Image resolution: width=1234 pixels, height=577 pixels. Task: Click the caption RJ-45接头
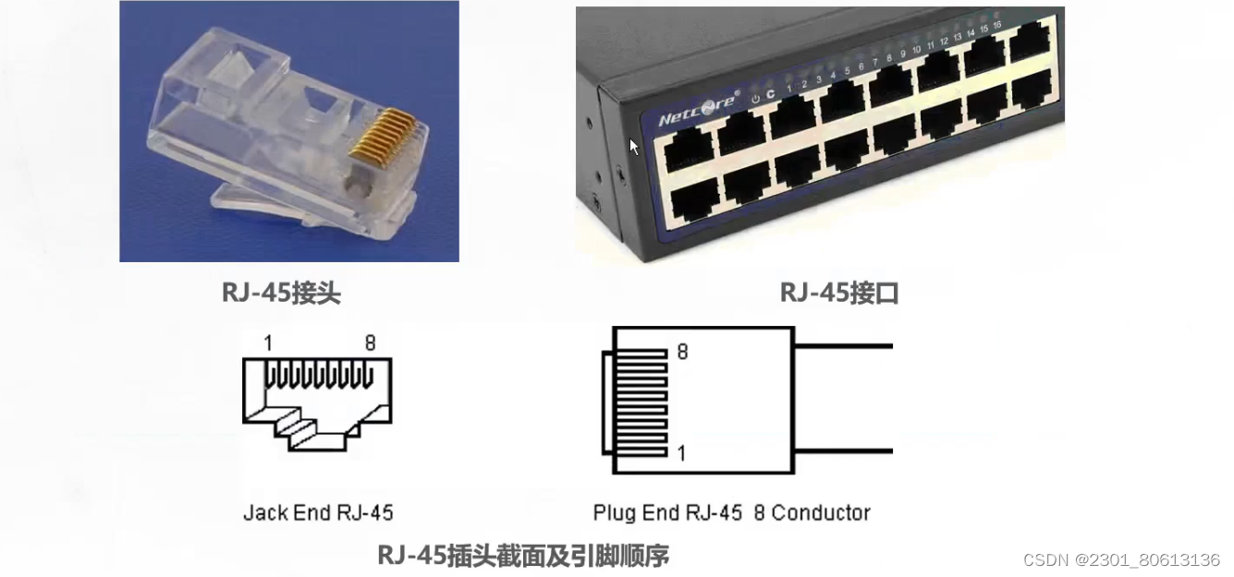tap(282, 293)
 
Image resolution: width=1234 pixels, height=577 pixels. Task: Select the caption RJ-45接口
tap(839, 293)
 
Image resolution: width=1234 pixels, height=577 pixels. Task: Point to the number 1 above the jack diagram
tap(268, 343)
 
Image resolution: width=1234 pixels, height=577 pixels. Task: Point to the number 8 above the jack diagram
tap(370, 343)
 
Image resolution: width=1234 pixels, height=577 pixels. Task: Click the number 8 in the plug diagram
tap(682, 352)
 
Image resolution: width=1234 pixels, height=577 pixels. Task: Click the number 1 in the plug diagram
tap(682, 453)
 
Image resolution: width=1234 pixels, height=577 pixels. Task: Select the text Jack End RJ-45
tap(318, 512)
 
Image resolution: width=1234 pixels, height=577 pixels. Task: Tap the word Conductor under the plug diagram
tap(821, 512)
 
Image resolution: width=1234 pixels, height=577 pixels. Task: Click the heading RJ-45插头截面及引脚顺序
tap(522, 555)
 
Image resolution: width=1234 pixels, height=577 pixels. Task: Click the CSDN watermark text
tap(1121, 560)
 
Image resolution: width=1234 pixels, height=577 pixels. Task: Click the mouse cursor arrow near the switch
tap(634, 147)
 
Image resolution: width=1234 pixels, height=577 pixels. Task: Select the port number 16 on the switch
tap(997, 25)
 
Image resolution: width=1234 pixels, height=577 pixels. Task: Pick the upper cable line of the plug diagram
tap(843, 346)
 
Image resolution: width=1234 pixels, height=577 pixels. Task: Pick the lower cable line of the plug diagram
tap(843, 451)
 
